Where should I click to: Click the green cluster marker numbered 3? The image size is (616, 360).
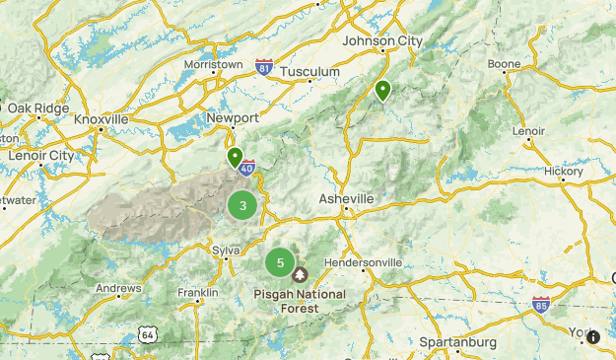[242, 206]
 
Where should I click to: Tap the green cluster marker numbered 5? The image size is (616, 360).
[280, 262]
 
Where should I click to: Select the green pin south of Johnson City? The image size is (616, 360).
[382, 91]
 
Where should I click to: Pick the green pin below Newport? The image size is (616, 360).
[235, 157]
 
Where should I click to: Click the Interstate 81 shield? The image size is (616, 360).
[263, 67]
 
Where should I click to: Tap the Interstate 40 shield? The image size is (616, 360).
[246, 169]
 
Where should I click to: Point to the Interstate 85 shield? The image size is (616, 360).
[540, 305]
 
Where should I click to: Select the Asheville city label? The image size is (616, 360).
[346, 199]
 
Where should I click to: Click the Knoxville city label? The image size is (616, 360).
[102, 119]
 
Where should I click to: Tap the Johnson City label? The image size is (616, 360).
[380, 41]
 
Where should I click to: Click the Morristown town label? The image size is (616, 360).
[213, 64]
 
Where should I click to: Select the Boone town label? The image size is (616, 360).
[504, 64]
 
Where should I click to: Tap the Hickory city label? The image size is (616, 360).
[564, 171]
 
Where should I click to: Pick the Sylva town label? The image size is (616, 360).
[226, 251]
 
